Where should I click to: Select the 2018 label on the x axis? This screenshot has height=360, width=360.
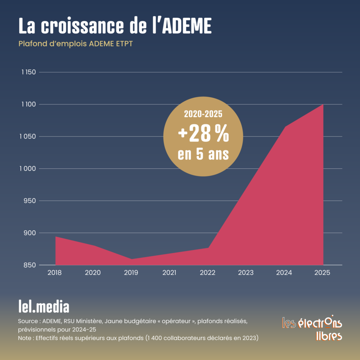[x=55, y=273]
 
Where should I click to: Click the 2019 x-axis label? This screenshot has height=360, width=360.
[x=131, y=273]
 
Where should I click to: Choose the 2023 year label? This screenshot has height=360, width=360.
[x=246, y=273]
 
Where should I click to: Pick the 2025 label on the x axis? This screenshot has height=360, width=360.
[x=322, y=273]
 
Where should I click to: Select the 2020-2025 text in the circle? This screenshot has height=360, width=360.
[x=203, y=114]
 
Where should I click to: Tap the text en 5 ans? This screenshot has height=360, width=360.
[x=203, y=154]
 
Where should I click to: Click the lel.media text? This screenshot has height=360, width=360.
[x=44, y=307]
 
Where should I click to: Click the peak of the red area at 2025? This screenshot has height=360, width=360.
[x=323, y=105]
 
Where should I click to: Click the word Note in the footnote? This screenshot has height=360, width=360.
[x=24, y=338]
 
